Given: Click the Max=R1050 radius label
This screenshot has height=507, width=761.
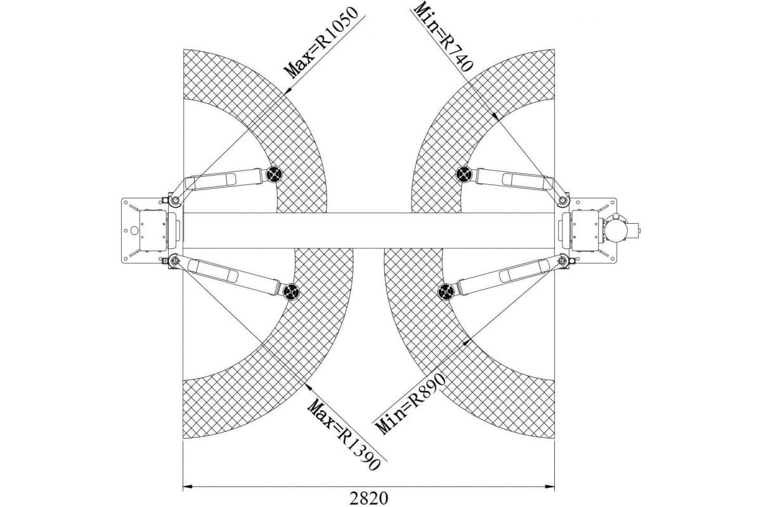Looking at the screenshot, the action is point(322,42).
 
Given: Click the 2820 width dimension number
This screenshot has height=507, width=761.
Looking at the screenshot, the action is point(368,499).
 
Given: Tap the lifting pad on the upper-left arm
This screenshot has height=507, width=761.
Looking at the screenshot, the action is point(274,174).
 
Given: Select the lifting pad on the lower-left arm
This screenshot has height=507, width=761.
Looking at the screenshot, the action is point(291,292).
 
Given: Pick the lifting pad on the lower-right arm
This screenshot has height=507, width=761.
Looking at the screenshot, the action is point(446,292).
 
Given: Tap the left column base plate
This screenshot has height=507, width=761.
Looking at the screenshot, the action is point(144,231).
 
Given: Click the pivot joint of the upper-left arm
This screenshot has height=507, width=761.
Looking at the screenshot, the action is point(175,200).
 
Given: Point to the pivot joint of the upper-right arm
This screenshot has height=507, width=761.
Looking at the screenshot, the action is point(563,200).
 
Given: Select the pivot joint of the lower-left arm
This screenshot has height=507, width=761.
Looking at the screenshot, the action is point(175,261).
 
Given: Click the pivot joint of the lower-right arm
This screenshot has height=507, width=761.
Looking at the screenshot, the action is point(563,261).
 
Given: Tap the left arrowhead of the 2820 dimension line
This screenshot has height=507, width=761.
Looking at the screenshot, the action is point(188,486).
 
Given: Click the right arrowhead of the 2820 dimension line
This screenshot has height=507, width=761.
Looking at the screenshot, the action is point(550,486).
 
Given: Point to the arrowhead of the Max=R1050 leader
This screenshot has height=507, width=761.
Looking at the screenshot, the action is point(287,91).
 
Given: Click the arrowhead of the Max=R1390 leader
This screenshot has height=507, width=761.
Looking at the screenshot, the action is point(309,387).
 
